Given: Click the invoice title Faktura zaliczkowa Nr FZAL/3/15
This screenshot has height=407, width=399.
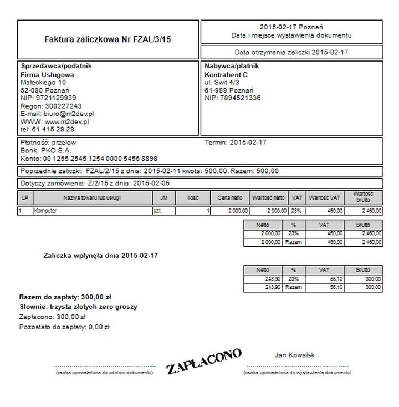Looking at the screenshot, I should [x=108, y=40].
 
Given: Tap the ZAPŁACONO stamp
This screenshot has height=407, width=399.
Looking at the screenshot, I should [x=204, y=362].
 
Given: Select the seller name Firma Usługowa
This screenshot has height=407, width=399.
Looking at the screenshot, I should [x=47, y=74].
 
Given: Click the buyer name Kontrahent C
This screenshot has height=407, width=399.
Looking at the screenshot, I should [x=226, y=74].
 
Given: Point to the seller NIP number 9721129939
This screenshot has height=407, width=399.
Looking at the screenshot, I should [x=55, y=98].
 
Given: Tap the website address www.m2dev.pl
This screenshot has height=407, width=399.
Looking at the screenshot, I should [x=67, y=121].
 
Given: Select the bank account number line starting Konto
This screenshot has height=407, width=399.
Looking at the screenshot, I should [x=89, y=159].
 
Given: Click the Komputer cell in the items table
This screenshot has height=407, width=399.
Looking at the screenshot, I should [x=45, y=211].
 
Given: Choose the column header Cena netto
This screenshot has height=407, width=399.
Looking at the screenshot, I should [x=230, y=198].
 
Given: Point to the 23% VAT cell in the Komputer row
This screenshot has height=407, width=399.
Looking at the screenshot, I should [x=296, y=211].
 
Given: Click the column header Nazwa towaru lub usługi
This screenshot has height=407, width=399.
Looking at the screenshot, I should [x=92, y=198].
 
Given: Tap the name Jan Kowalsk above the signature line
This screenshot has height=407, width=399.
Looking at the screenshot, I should [x=295, y=355].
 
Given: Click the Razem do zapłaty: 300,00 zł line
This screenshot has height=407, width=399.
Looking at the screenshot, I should [x=65, y=297].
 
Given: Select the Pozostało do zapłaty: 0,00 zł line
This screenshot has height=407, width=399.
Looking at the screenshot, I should [x=64, y=327].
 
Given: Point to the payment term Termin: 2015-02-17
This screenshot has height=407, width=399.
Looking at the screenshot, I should [x=236, y=143].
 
